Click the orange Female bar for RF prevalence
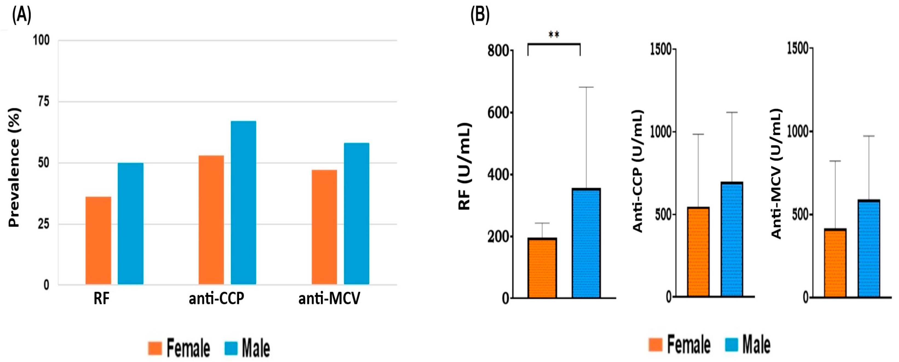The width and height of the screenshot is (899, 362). click(x=98, y=240)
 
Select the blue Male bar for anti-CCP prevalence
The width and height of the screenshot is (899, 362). click(x=243, y=202)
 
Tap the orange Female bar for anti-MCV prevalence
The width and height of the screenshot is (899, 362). click(x=324, y=227)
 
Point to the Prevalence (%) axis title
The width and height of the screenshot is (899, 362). click(x=14, y=167)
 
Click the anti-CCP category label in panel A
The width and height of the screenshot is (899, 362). click(x=216, y=299)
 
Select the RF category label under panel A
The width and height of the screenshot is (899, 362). click(x=102, y=299)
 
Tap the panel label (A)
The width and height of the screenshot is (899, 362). click(x=22, y=15)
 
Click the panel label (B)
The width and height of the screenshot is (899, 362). click(x=480, y=15)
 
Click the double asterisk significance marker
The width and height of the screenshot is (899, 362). click(x=554, y=35)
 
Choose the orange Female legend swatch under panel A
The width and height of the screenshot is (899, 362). click(x=155, y=348)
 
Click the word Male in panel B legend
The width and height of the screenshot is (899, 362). click(x=756, y=344)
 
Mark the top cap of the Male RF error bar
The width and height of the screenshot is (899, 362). click(x=586, y=87)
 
